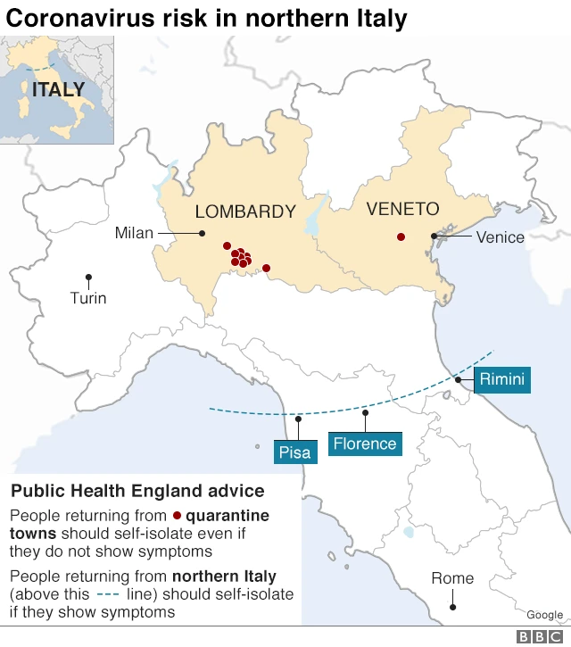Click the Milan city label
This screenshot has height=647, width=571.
pyautogui.click(x=134, y=233)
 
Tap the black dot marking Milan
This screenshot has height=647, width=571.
pyautogui.click(x=203, y=234)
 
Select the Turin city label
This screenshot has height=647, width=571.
pyautogui.click(x=88, y=298)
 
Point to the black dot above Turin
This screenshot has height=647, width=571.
pyautogui.click(x=88, y=278)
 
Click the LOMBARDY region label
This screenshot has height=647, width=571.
pyautogui.click(x=245, y=212)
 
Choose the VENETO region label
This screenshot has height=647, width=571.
pyautogui.click(x=402, y=209)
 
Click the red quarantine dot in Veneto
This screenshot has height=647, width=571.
pyautogui.click(x=401, y=236)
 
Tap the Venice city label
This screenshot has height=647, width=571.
pyautogui.click(x=500, y=236)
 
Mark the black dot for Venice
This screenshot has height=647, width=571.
pyautogui.click(x=434, y=236)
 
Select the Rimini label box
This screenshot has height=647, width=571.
pyautogui.click(x=502, y=379)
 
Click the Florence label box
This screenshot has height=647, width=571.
pyautogui.click(x=364, y=444)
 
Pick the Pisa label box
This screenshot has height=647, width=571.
pyautogui.click(x=294, y=452)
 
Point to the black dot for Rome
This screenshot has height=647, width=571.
pyautogui.click(x=452, y=607)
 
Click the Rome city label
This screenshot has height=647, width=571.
pyautogui.click(x=452, y=578)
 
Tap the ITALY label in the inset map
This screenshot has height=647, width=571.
pyautogui.click(x=58, y=89)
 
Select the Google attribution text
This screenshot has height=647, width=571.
pyautogui.click(x=544, y=615)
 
